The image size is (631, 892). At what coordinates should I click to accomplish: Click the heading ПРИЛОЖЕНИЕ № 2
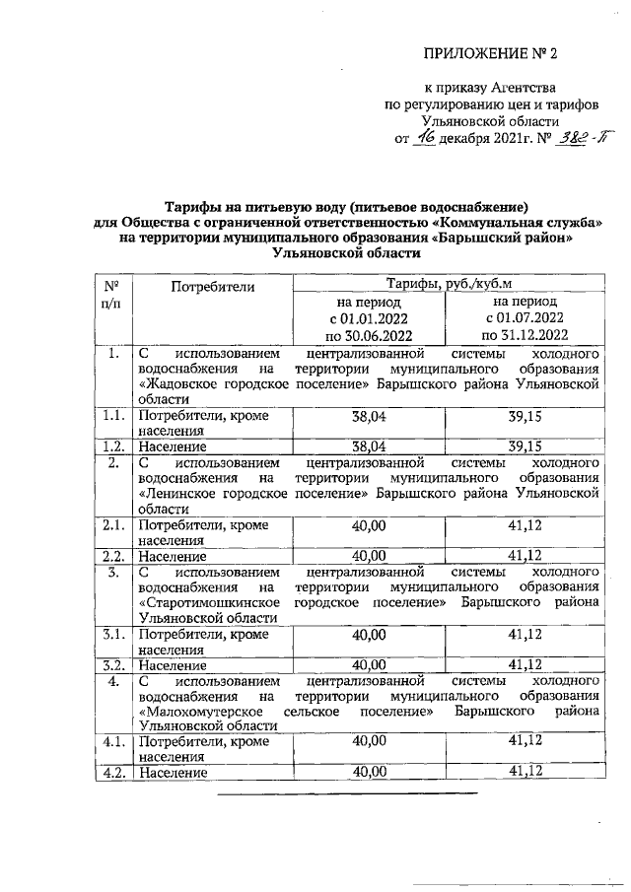tap(497, 53)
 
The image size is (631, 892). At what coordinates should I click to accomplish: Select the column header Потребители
tap(212, 287)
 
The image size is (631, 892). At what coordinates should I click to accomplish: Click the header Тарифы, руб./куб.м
tap(447, 284)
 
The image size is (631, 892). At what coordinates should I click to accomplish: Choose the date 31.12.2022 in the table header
tap(523, 336)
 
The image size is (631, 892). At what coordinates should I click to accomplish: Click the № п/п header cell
tap(112, 293)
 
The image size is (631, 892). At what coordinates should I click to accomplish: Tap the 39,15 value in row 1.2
tap(524, 446)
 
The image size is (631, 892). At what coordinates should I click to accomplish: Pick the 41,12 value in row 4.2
tap(524, 772)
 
